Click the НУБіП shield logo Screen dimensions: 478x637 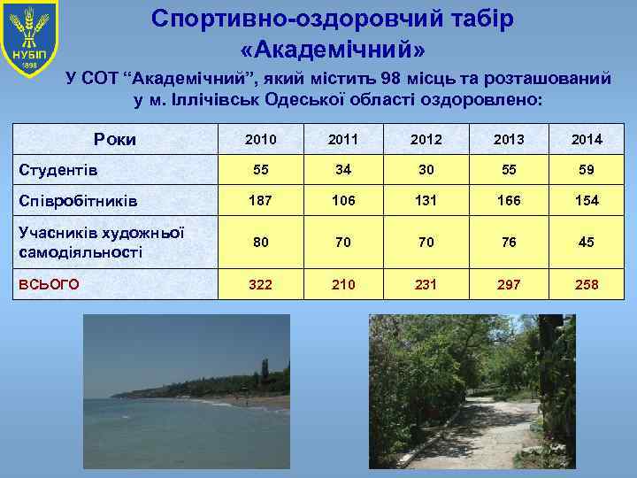tap(29, 40)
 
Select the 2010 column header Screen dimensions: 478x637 tap(260, 139)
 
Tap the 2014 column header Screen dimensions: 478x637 tap(586, 139)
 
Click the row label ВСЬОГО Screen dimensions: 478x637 tap(50, 284)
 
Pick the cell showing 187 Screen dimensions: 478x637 tap(260, 201)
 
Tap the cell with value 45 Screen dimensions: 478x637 tap(586, 242)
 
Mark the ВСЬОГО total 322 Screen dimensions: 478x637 tap(260, 284)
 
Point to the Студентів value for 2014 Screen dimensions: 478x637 tap(586, 169)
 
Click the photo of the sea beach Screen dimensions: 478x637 tap(186, 394)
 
